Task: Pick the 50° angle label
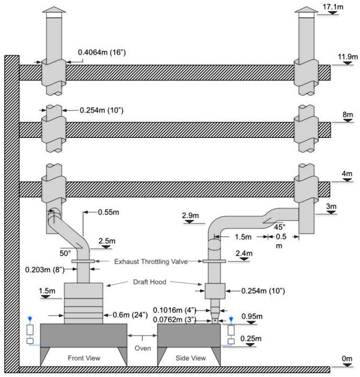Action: click(x=67, y=253)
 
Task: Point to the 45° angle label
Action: click(x=280, y=227)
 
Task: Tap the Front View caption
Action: click(x=82, y=357)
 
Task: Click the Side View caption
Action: click(x=191, y=357)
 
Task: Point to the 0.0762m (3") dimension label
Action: click(x=182, y=320)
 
